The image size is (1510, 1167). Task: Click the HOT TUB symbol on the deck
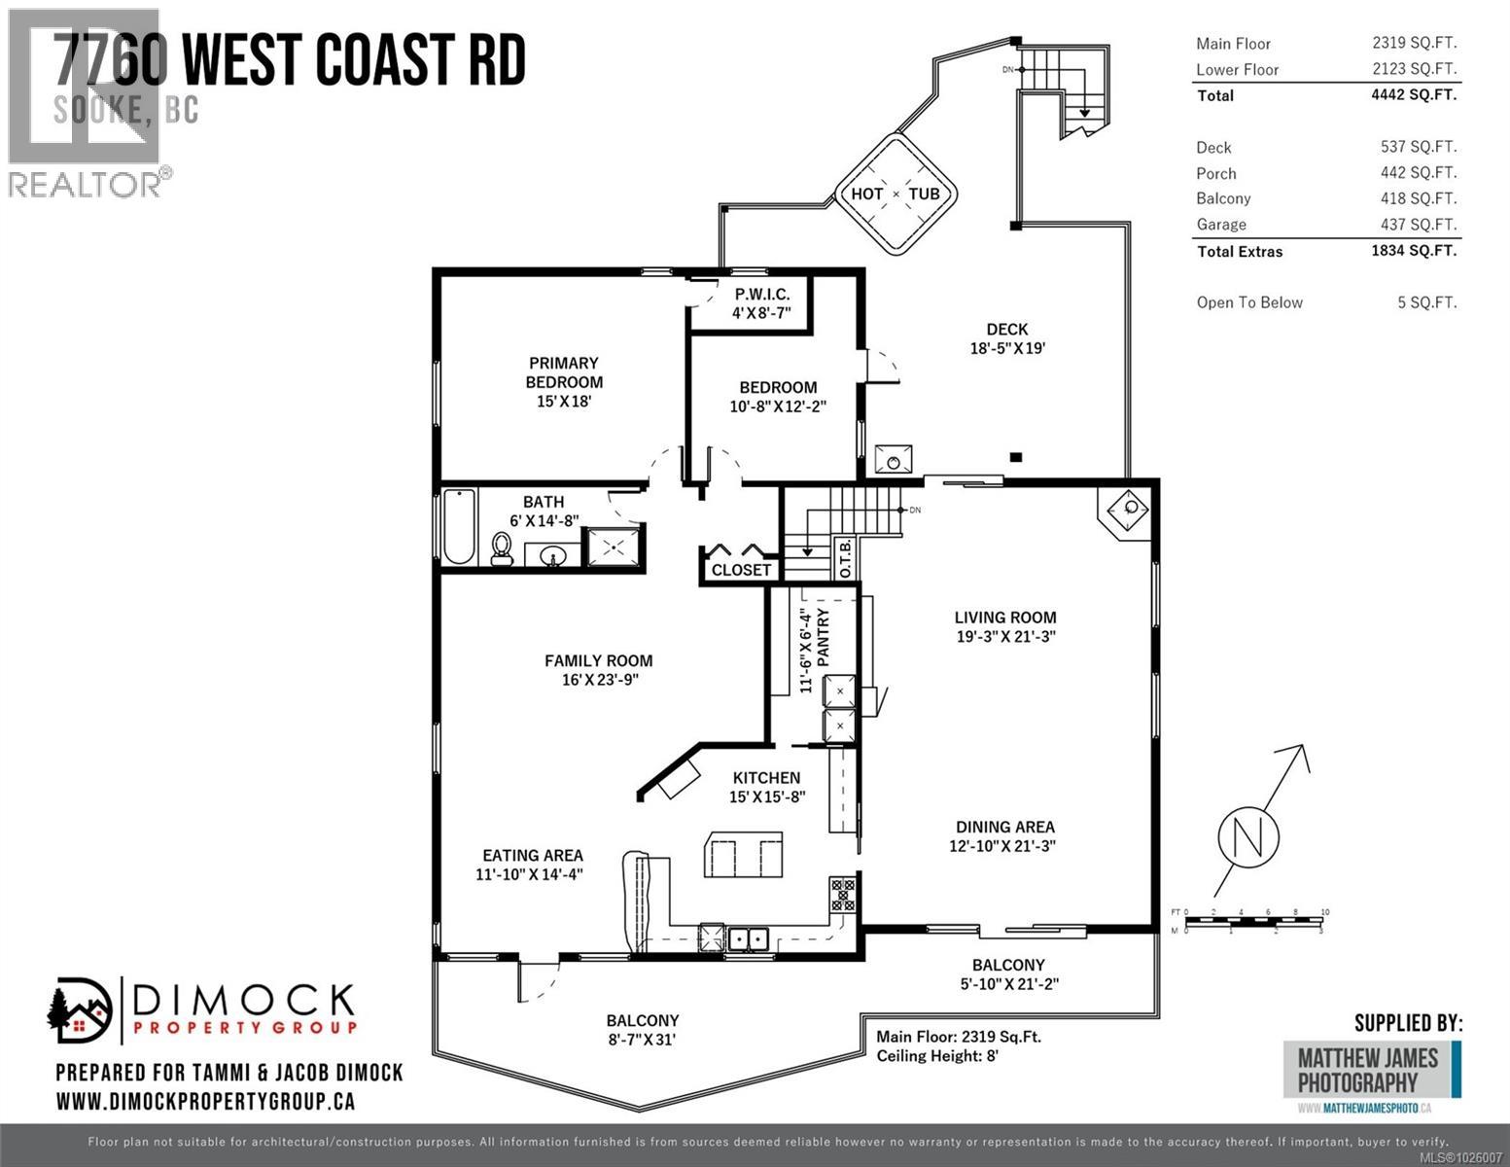895,194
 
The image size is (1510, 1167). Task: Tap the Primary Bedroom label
564,372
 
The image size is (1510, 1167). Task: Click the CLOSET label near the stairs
741,570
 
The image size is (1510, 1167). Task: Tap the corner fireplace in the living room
1129,509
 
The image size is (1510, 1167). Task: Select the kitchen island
744,855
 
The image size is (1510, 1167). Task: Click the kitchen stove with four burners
842,895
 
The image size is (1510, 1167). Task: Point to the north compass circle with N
1248,835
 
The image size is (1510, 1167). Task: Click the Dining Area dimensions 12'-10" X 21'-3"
1002,846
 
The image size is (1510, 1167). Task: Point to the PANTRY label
824,638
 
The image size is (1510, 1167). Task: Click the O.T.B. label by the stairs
845,558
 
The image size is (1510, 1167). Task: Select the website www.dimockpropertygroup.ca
205,1102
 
